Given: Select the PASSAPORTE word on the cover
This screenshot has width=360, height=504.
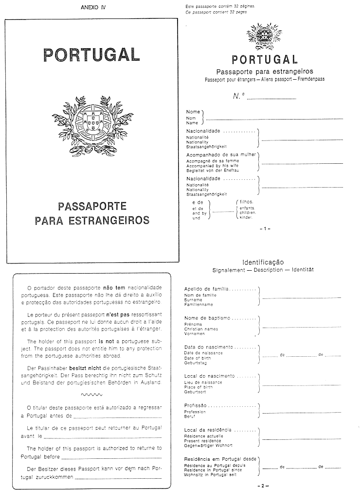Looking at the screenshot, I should coord(92,207).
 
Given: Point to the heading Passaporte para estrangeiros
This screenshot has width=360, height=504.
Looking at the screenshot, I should coord(264,71).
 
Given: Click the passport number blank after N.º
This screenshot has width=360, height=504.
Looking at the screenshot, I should coord(271,99).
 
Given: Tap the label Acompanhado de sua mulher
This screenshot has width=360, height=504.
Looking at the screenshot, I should coord(221,155).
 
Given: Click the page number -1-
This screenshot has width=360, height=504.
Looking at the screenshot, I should coord(265,228).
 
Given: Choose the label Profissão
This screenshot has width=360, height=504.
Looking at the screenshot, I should coord(196,405).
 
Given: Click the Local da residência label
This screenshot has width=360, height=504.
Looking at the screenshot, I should coord(208,430).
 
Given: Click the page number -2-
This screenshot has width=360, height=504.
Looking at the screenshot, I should coord(265,486).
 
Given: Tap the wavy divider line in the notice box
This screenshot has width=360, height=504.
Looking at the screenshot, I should coord(91,394).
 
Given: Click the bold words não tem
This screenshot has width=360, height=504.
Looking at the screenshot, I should coord(114,288).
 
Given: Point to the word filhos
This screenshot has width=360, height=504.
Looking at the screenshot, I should coord(247,202).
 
